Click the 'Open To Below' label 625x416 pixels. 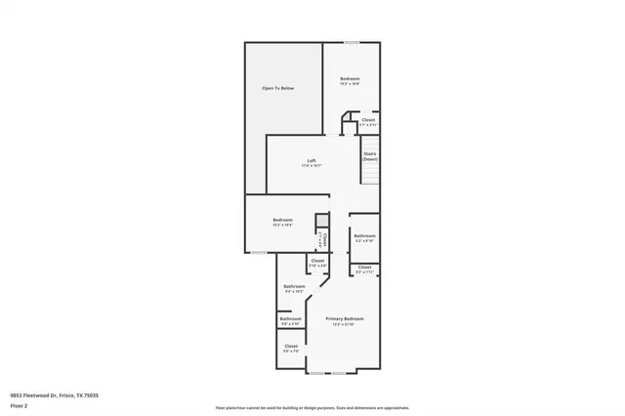(x=277, y=89)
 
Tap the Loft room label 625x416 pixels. (x=312, y=162)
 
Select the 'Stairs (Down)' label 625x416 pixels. (x=370, y=156)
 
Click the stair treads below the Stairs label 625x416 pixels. (x=370, y=175)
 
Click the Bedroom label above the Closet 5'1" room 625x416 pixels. (x=350, y=80)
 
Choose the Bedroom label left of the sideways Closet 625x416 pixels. (x=282, y=223)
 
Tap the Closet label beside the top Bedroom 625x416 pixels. (x=368, y=122)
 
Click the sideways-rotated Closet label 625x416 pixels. (x=325, y=240)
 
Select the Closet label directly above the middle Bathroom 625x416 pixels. (x=317, y=262)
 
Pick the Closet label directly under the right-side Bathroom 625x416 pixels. (x=364, y=269)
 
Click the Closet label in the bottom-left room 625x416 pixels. (x=291, y=348)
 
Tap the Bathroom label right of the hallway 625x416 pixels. (x=364, y=236)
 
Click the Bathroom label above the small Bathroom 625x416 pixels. (x=294, y=288)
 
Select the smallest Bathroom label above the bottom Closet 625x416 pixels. (x=291, y=319)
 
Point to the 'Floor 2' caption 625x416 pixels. (x=20, y=406)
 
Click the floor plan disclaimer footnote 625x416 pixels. (x=312, y=408)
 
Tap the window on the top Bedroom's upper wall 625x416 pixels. (x=350, y=42)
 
